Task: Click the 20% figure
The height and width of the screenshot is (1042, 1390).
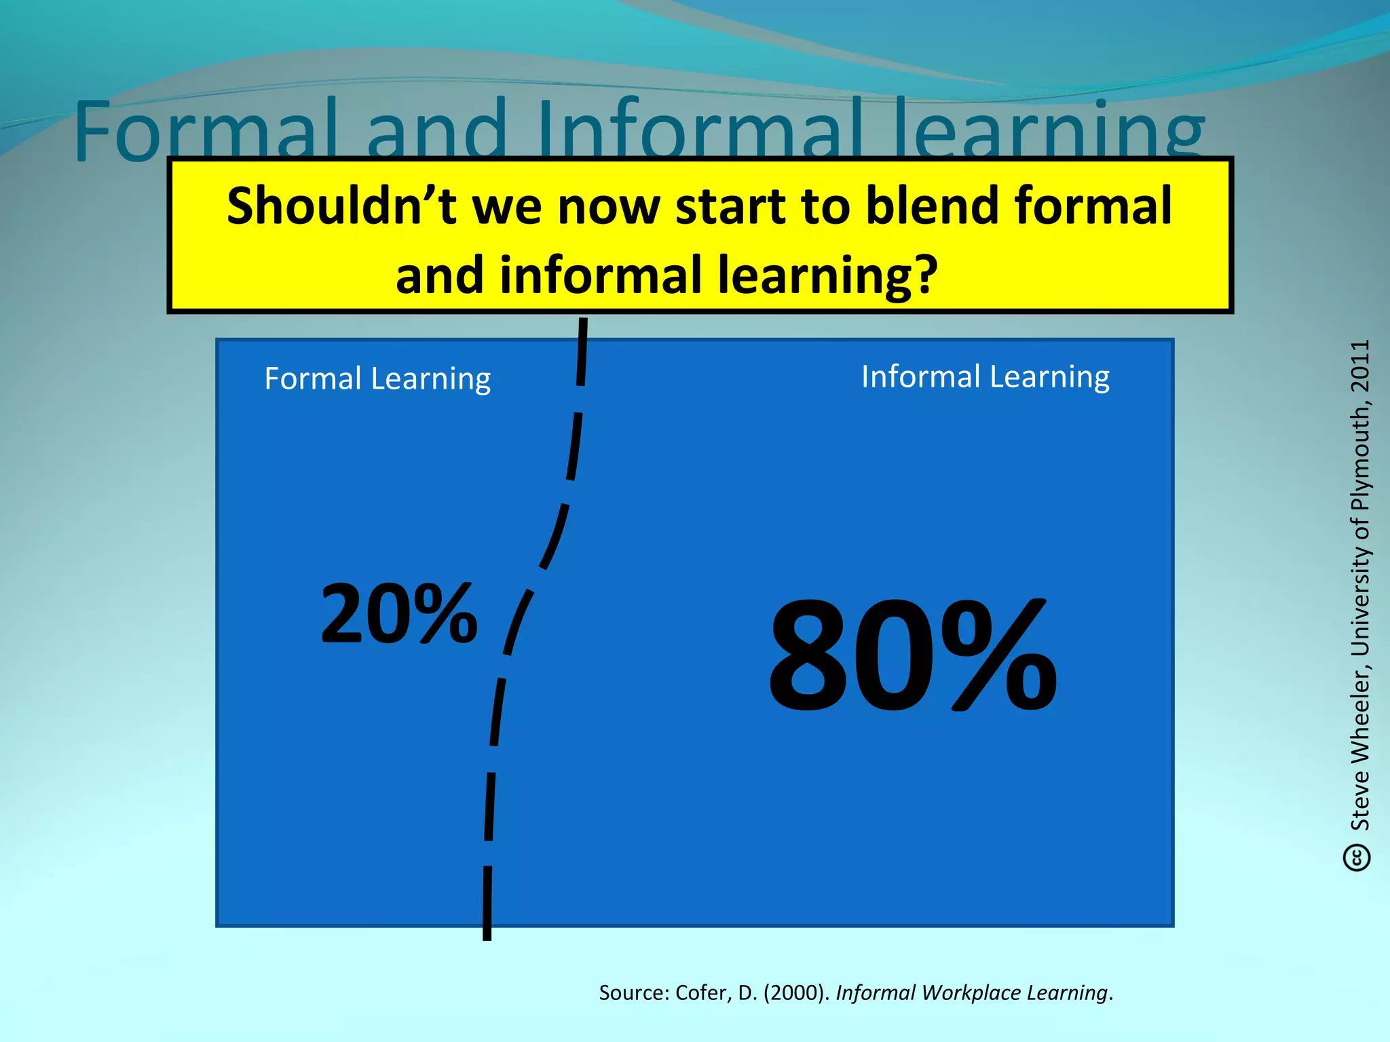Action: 399,614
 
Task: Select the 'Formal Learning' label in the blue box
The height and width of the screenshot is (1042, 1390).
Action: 377,379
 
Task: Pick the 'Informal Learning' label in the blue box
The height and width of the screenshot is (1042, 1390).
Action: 985,377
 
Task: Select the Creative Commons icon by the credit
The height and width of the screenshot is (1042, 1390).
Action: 1357,857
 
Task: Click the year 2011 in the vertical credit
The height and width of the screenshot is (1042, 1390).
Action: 1360,366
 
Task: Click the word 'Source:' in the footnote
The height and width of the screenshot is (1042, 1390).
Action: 634,992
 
